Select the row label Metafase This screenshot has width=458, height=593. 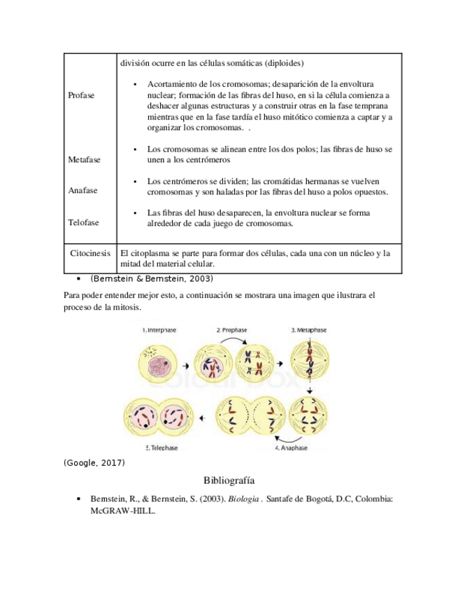pyautogui.click(x=84, y=159)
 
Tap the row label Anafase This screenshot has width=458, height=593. pyautogui.click(x=83, y=190)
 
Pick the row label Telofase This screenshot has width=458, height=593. pyautogui.click(x=83, y=222)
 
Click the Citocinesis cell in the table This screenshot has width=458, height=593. pyautogui.click(x=90, y=252)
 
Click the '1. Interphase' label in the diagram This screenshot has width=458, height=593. pyautogui.click(x=159, y=329)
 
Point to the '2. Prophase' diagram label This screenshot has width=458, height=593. pyautogui.click(x=232, y=329)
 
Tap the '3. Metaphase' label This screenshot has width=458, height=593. pyautogui.click(x=308, y=329)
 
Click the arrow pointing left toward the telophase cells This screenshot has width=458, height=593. pyautogui.click(x=201, y=418)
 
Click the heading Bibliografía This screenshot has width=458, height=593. pyautogui.click(x=229, y=480)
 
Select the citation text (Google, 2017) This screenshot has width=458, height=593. pyautogui.click(x=94, y=463)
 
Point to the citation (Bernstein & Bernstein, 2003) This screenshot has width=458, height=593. pyautogui.click(x=152, y=278)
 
